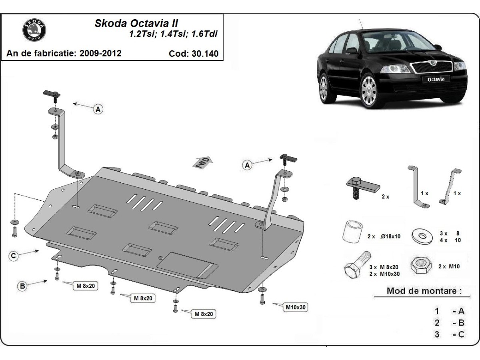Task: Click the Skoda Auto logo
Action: point(34,30)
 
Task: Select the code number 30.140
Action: point(203,54)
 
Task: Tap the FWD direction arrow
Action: point(203,163)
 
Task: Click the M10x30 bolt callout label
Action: point(296,307)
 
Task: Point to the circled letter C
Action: point(14,256)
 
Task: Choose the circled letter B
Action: point(23,286)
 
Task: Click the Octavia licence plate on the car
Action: point(436,79)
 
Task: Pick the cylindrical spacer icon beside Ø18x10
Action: point(352,232)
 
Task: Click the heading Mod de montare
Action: point(422,291)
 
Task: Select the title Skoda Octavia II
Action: point(136,23)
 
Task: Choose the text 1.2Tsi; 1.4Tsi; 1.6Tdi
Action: point(173,34)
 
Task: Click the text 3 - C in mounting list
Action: point(450,334)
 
